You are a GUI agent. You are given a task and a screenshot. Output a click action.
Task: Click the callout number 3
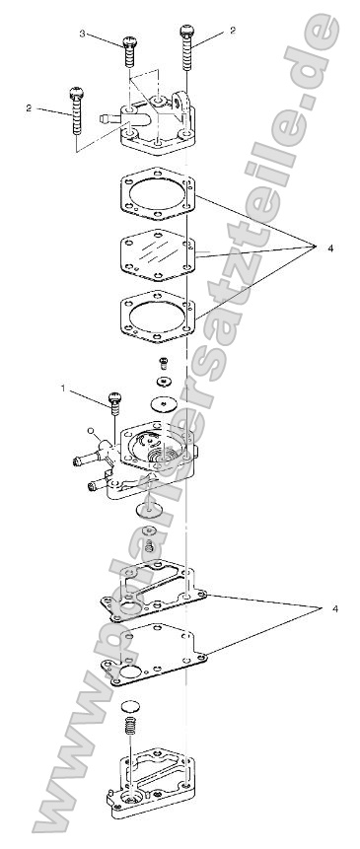(83, 33)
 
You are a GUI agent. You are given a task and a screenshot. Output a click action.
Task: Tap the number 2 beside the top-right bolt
(233, 32)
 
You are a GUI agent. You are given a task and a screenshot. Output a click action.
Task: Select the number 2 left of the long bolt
(29, 107)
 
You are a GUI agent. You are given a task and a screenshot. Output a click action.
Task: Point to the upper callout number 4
(330, 248)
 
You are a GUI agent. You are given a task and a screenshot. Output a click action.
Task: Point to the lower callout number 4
(335, 609)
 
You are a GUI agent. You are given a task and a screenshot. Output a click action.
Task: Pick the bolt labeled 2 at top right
(186, 44)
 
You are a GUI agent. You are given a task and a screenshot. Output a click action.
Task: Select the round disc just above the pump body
(163, 403)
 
